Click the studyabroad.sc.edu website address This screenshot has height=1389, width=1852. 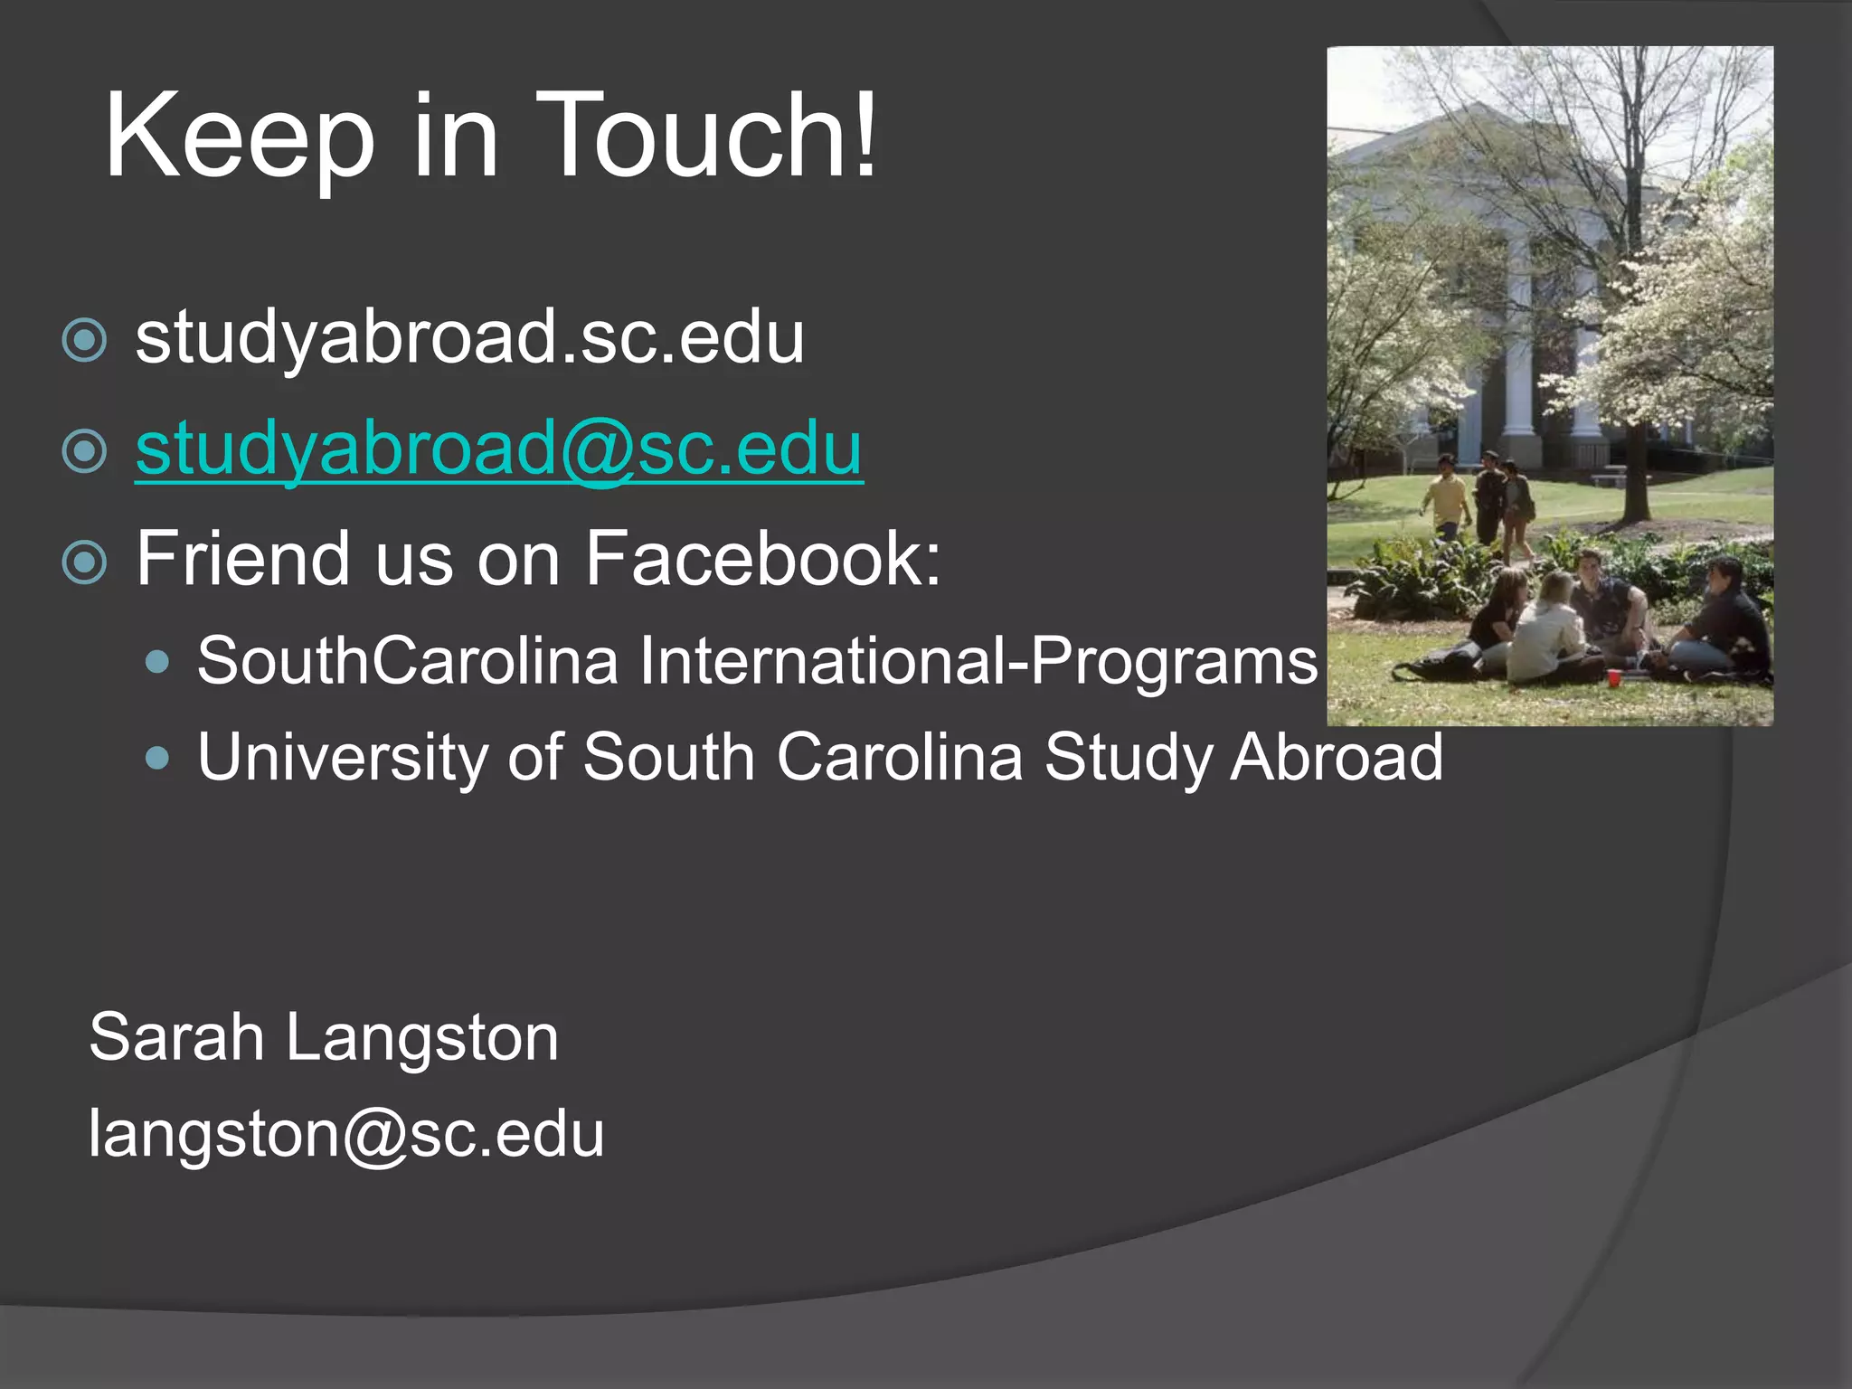469,338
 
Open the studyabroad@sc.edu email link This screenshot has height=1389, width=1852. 499,449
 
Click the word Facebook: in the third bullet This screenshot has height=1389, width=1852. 763,559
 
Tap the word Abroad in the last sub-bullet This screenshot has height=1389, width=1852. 1337,757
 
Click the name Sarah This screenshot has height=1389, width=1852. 176,1037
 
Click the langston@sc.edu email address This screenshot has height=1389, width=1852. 346,1134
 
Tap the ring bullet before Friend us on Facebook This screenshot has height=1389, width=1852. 85,562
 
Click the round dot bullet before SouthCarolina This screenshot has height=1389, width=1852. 157,663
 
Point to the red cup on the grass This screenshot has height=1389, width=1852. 1613,677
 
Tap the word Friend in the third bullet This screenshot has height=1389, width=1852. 241,559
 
